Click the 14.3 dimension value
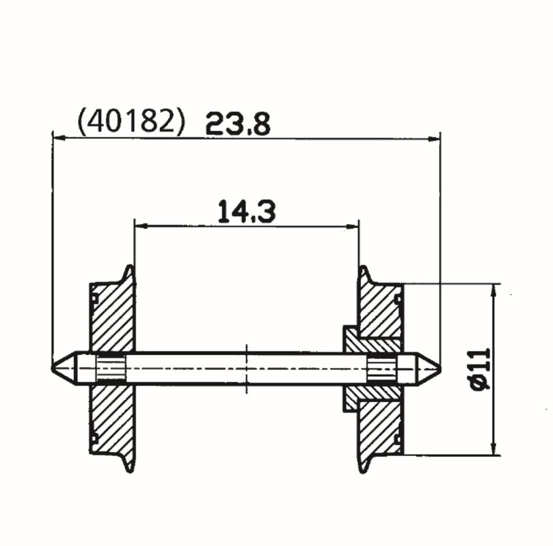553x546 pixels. tap(246, 212)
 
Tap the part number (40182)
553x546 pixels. tap(130, 122)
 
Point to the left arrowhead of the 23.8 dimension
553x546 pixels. tap(57, 139)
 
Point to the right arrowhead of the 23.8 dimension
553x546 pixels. tap(435, 139)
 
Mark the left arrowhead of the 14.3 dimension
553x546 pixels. tap(138, 227)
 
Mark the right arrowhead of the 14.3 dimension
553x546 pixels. tap(355, 227)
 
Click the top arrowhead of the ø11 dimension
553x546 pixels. tap(493, 288)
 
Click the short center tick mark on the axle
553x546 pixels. tap(247, 349)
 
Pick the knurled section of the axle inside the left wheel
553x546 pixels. tap(110, 369)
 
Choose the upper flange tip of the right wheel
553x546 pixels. tap(364, 269)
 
